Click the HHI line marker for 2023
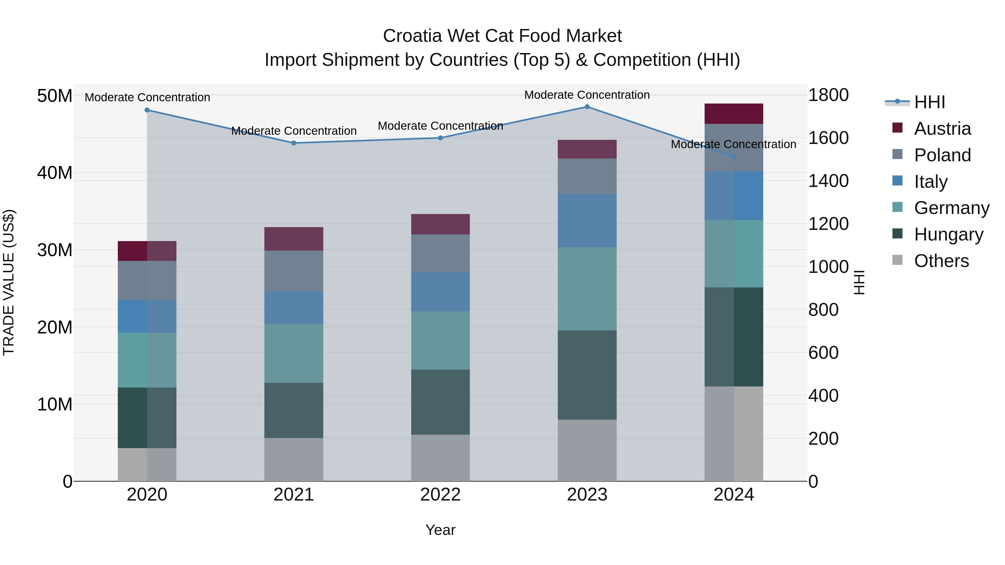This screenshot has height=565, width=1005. (587, 107)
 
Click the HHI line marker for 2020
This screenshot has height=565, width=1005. (147, 110)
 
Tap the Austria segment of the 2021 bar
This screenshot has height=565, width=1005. (293, 239)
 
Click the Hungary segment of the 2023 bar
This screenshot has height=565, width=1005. (587, 375)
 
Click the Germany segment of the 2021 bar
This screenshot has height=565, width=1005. (293, 353)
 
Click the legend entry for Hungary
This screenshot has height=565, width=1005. (948, 234)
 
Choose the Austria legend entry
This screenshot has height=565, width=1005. (942, 129)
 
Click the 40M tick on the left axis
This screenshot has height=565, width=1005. (55, 173)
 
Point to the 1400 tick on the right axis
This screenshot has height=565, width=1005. (828, 181)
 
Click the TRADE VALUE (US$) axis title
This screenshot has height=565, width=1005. (9, 282)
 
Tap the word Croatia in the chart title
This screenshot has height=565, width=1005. (412, 36)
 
